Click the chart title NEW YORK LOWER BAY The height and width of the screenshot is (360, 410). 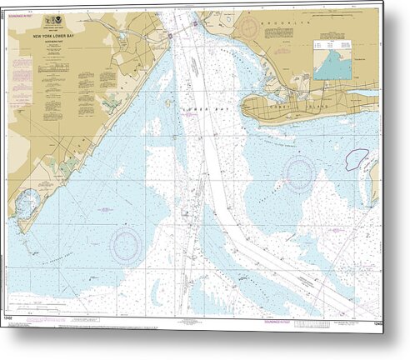coord(60,37)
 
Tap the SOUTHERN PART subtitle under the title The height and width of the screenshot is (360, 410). coord(60,42)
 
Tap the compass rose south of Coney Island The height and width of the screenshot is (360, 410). coord(297,174)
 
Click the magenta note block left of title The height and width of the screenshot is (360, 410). coord(22,79)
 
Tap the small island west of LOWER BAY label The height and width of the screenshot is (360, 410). coord(167,104)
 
